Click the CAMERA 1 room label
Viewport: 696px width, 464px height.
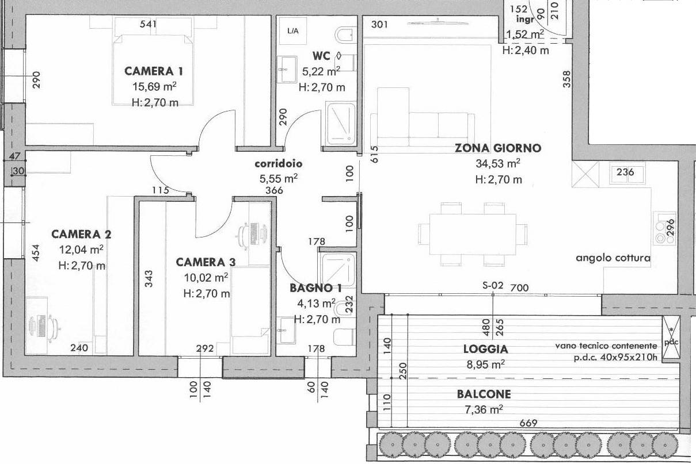pyautogui.click(x=154, y=71)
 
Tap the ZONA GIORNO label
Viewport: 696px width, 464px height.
pyautogui.click(x=498, y=148)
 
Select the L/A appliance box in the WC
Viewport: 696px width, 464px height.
pyautogui.click(x=293, y=31)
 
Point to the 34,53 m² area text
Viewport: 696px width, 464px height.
pyautogui.click(x=498, y=163)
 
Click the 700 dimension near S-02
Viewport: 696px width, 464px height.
pyautogui.click(x=519, y=287)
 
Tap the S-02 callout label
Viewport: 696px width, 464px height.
pyautogui.click(x=493, y=285)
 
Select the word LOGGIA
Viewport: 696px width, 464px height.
pyautogui.click(x=486, y=349)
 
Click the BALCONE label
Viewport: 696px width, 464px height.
pyautogui.click(x=484, y=394)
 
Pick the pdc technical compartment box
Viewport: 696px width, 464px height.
pyautogui.click(x=671, y=338)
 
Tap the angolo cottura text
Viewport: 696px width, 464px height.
pyautogui.click(x=613, y=258)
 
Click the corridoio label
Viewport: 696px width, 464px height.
pyautogui.click(x=279, y=163)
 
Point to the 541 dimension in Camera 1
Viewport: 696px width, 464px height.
pyautogui.click(x=148, y=24)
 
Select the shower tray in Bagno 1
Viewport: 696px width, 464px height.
pyautogui.click(x=339, y=270)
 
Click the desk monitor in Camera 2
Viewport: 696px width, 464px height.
pyautogui.click(x=41, y=325)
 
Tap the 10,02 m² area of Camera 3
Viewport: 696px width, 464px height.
pyautogui.click(x=206, y=278)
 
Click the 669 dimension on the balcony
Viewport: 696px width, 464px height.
pyautogui.click(x=528, y=423)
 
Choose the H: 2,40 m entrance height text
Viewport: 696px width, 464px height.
pyautogui.click(x=526, y=50)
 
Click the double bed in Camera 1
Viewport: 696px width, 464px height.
pyautogui.click(x=153, y=70)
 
